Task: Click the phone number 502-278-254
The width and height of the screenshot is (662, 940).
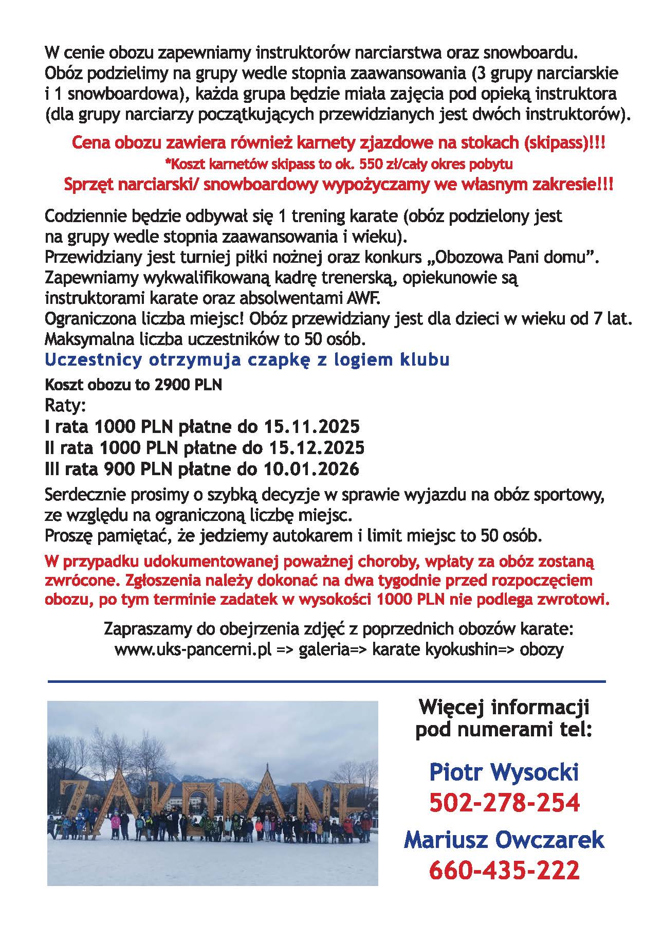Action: [x=504, y=803]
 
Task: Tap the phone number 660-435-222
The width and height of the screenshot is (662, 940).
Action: [x=504, y=870]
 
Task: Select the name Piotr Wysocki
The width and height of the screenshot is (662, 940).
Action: [x=504, y=772]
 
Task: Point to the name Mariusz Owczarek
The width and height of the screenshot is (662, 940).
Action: [x=504, y=840]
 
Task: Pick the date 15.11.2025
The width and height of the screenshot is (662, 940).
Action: [x=311, y=427]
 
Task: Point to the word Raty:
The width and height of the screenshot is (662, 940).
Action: [x=65, y=406]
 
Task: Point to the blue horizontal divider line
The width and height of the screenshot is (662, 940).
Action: [x=326, y=682]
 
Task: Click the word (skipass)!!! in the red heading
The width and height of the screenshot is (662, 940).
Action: [x=564, y=144]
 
